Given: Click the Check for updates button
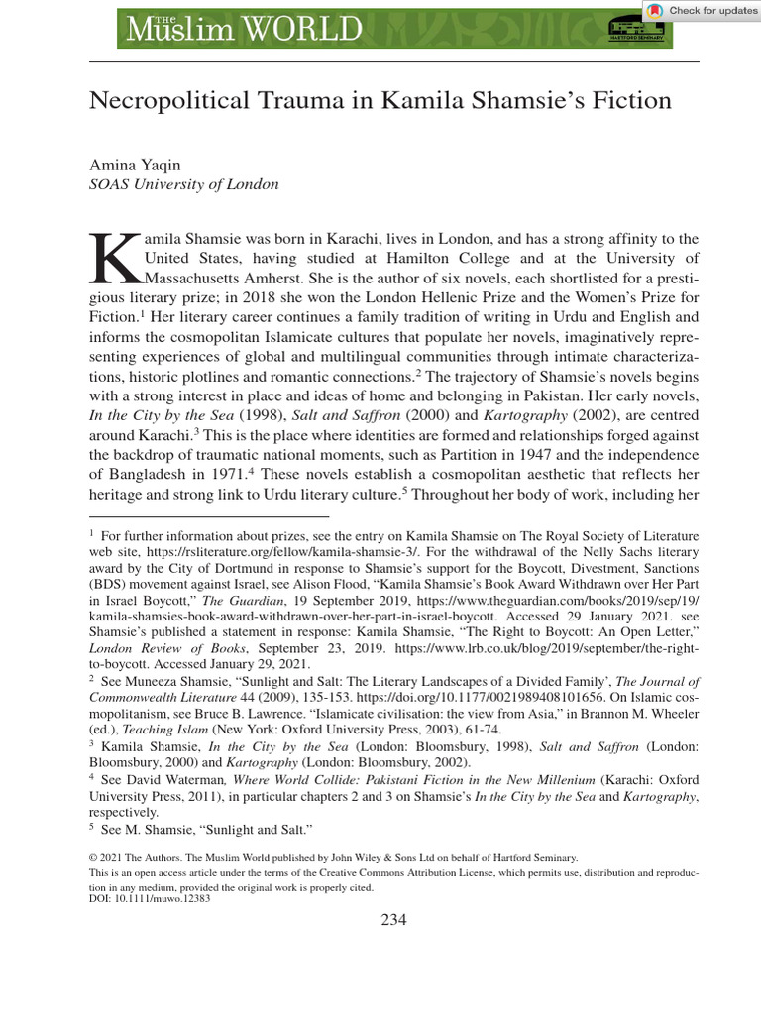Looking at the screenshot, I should tap(702, 11).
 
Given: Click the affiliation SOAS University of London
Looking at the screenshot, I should tap(184, 184).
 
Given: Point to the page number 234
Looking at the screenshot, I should tap(394, 919).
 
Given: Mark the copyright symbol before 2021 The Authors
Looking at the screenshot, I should tap(94, 858).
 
